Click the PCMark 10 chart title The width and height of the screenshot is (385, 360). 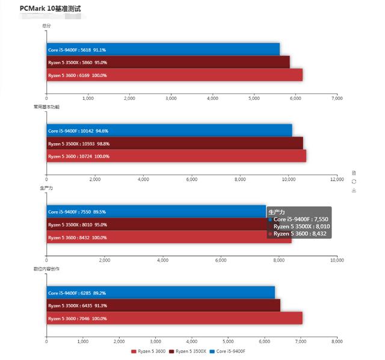tap(54, 9)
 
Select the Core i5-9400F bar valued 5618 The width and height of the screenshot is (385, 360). tap(163, 50)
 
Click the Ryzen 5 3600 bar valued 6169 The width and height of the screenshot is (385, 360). tap(174, 75)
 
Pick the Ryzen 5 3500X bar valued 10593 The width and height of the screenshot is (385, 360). tap(174, 143)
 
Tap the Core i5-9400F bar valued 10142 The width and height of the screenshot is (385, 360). tap(169, 131)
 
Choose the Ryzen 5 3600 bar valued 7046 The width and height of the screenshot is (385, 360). tap(174, 318)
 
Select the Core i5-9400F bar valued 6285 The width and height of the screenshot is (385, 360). tap(161, 293)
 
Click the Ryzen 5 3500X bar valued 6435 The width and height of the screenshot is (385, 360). tap(163, 305)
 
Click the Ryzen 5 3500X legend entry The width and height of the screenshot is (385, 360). tap(188, 351)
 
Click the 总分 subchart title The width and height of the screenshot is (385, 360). tap(46, 26)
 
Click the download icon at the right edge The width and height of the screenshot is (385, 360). tap(354, 190)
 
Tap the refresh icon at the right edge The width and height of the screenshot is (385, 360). tap(354, 181)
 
